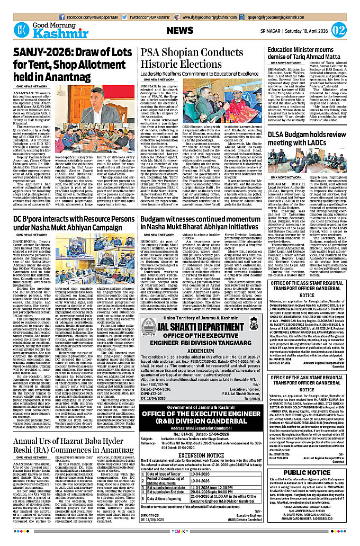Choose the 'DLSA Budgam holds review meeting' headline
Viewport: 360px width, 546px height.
(312, 139)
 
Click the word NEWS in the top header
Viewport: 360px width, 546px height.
(179, 31)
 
